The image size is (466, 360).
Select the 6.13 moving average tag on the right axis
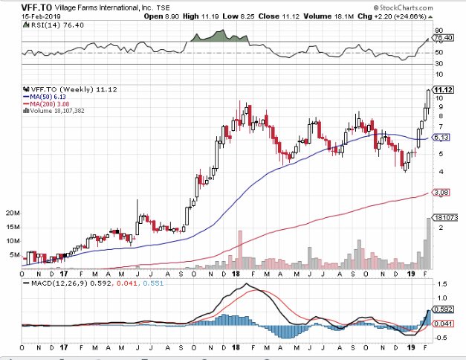point(441,138)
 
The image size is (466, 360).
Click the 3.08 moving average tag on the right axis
point(441,193)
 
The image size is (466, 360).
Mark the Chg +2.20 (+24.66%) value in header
point(415,15)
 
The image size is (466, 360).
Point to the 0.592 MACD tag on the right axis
point(444,309)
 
